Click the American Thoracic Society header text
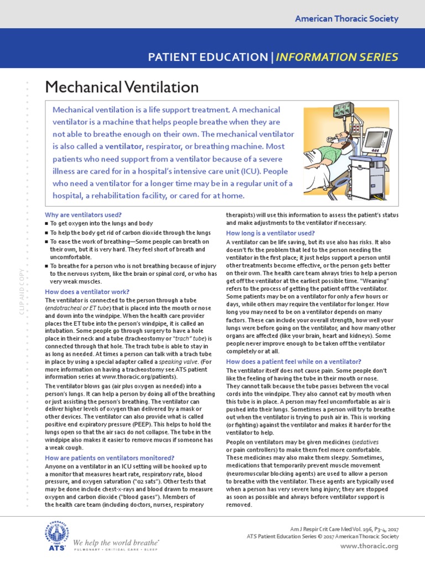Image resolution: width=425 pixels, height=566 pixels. click(346, 19)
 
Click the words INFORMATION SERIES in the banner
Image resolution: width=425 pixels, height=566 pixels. click(345, 57)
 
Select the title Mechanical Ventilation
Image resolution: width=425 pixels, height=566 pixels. click(121, 87)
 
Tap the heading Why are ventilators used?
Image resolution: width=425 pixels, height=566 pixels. click(83, 214)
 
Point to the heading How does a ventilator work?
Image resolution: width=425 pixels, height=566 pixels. click(87, 291)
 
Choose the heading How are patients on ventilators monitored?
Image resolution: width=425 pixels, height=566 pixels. click(109, 458)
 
